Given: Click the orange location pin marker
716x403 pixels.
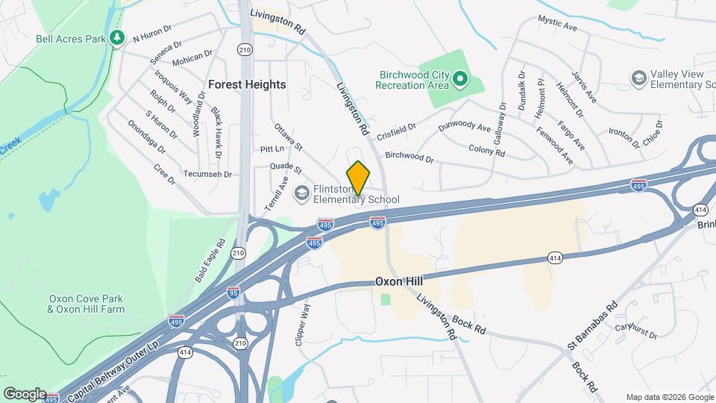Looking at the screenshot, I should [359, 178].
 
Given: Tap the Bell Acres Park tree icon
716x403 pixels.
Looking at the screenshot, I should [116, 37].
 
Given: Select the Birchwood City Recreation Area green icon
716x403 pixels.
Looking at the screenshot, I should [461, 78].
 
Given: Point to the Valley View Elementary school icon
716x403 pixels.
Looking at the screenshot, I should [638, 78].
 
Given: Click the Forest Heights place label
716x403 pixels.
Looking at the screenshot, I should [247, 84].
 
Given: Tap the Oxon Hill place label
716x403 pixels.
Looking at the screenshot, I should [398, 281].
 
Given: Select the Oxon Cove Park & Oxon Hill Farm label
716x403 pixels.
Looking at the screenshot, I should [87, 304].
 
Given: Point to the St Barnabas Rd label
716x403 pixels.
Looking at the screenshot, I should [592, 325].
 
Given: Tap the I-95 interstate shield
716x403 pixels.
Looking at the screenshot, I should [233, 293].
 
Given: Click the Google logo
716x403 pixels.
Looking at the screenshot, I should [24, 394].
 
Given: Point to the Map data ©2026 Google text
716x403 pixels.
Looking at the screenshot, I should [668, 397].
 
